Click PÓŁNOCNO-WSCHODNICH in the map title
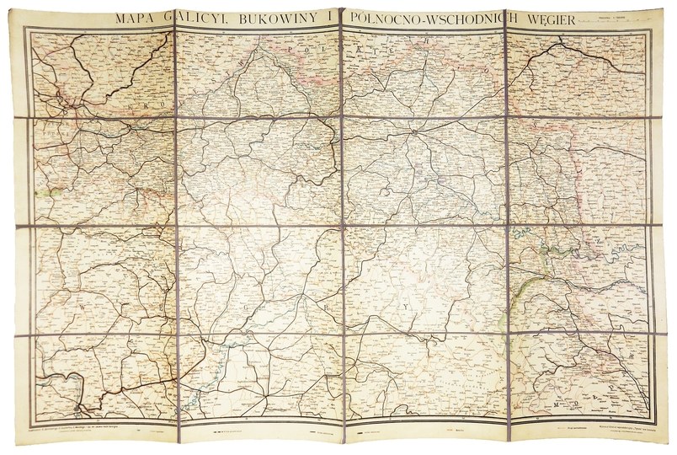tap(428, 19)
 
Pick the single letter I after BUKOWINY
tap(320, 19)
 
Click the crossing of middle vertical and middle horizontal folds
tap(341, 227)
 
